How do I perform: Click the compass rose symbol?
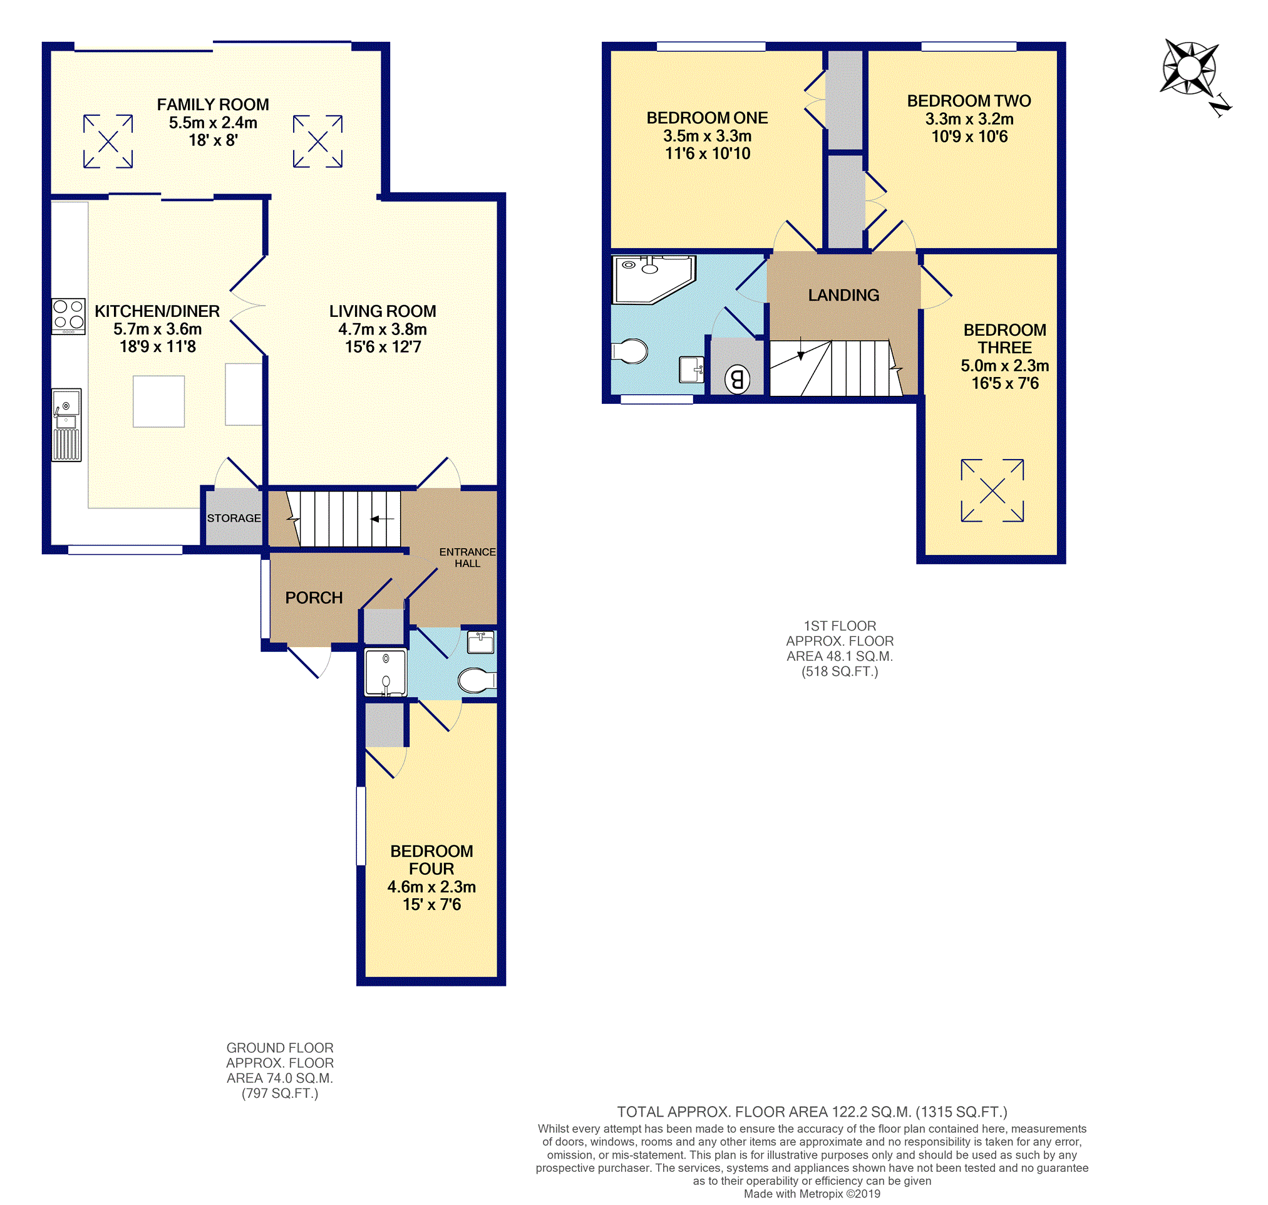[1189, 68]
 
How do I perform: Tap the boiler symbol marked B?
[737, 380]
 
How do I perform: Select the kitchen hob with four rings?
[69, 316]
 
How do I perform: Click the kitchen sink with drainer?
[67, 425]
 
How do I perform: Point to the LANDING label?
[843, 295]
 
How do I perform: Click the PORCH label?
[314, 597]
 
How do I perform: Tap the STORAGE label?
[234, 518]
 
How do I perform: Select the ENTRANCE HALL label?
[466, 557]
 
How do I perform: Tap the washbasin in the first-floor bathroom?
[691, 370]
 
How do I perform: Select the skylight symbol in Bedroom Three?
[992, 491]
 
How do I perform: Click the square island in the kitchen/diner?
[158, 401]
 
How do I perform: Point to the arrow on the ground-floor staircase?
[382, 519]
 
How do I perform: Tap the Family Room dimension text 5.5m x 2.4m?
[213, 122]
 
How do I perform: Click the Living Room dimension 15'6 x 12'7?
[383, 347]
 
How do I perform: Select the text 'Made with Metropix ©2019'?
[812, 1194]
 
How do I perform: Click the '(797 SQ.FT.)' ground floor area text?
[280, 1094]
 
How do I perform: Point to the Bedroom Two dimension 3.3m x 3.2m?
[969, 119]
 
